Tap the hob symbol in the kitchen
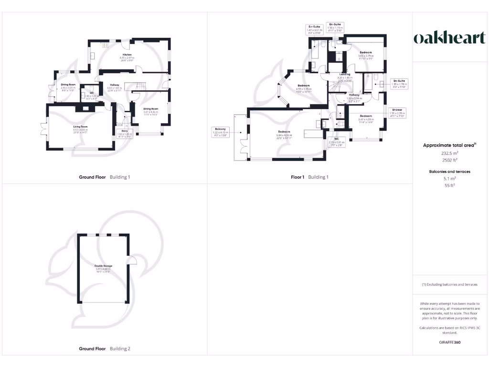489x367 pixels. click(106, 45)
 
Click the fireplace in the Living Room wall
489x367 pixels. click(85, 108)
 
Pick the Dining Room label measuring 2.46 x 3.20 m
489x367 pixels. click(68, 86)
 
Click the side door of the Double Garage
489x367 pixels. click(132, 260)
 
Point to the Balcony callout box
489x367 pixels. click(220, 132)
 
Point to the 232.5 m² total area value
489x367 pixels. click(449, 153)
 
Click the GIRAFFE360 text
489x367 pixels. click(449, 342)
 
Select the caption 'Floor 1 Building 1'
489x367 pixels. click(309, 177)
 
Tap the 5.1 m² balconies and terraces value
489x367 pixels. click(449, 179)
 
